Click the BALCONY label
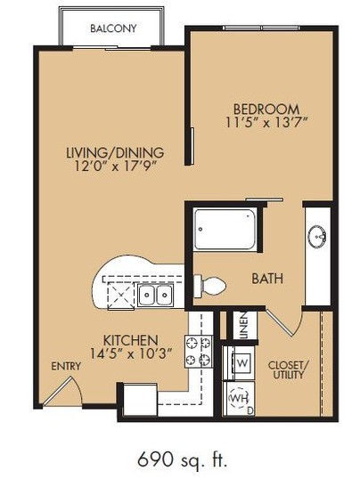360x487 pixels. point(113,28)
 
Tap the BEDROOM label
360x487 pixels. point(266,110)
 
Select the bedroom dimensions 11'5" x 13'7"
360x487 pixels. point(266,123)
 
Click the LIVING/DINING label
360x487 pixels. point(115,152)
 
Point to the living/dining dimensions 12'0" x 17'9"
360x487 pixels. point(115,166)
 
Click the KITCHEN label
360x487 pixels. point(131,340)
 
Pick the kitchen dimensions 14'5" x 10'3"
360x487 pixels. point(131,353)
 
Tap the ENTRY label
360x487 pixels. point(66,367)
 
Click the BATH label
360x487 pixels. point(267,279)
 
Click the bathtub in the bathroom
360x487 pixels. point(225,229)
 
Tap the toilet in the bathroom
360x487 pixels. point(209,286)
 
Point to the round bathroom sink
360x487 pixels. point(317,236)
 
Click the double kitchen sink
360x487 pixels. point(155,295)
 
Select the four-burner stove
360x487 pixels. point(199,352)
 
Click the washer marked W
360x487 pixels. point(242,362)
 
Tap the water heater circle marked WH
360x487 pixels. point(238,399)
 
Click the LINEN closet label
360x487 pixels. point(245,325)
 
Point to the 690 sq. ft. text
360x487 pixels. point(183,459)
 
